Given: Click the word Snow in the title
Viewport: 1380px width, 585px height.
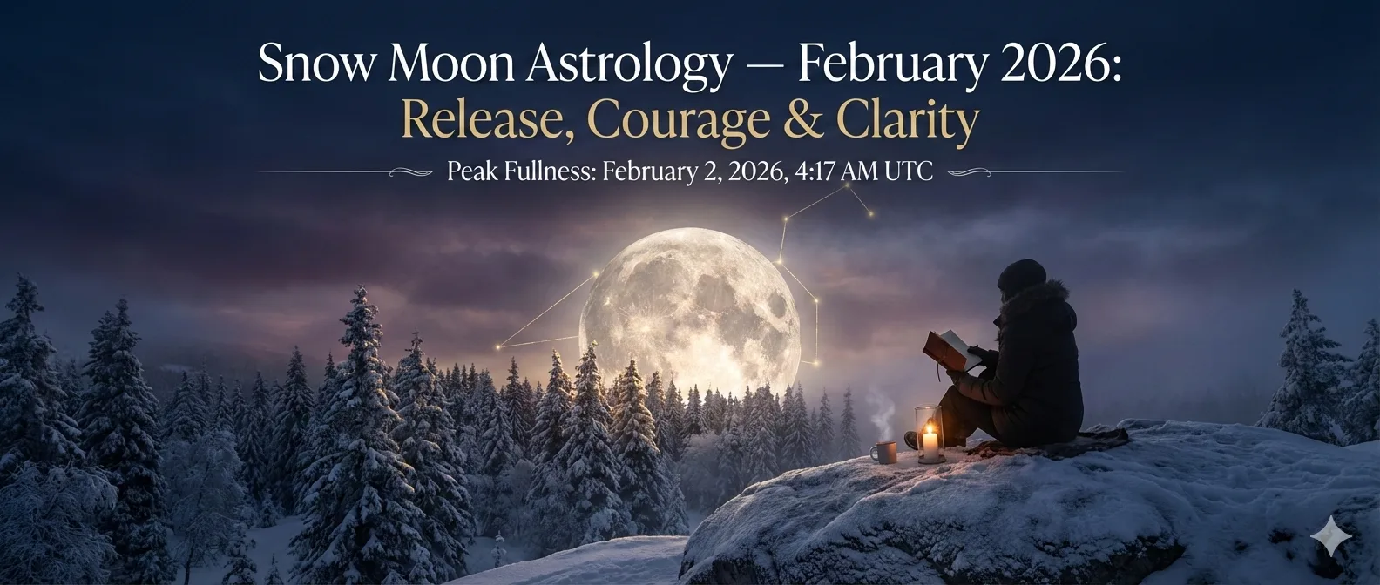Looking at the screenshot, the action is click(x=315, y=64).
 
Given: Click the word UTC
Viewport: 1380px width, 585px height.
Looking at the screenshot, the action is click(x=909, y=171).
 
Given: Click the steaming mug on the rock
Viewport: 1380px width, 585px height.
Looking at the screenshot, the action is click(x=883, y=453).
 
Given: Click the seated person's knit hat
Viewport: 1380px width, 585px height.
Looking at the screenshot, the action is click(x=1021, y=274).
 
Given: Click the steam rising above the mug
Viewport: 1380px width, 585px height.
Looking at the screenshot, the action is click(x=883, y=413).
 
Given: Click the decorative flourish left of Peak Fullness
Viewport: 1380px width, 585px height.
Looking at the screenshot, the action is click(x=411, y=172).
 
